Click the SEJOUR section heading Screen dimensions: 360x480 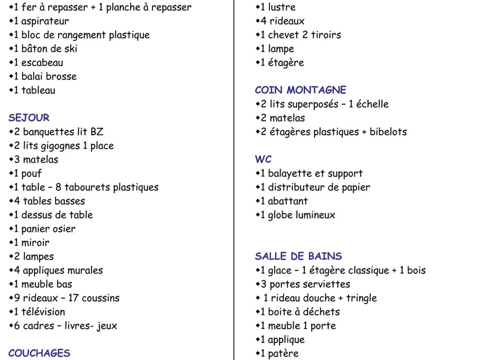click(x=29, y=118)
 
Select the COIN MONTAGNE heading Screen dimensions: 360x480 click(x=300, y=90)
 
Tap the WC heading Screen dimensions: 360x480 click(x=263, y=159)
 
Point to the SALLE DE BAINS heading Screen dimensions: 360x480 click(x=298, y=256)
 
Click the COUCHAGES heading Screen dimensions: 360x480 click(x=39, y=353)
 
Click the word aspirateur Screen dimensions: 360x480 click(x=45, y=21)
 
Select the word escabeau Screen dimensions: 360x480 click(x=42, y=63)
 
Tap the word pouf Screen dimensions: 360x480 click(x=31, y=174)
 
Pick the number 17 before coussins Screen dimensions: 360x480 click(x=73, y=298)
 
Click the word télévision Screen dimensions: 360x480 click(x=43, y=312)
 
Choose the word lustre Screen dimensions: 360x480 click(x=282, y=7)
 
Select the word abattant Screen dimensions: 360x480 click(x=288, y=201)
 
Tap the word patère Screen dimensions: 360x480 click(x=283, y=354)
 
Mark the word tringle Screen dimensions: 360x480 click(x=361, y=298)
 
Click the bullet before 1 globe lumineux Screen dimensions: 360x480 click(x=258, y=215)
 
